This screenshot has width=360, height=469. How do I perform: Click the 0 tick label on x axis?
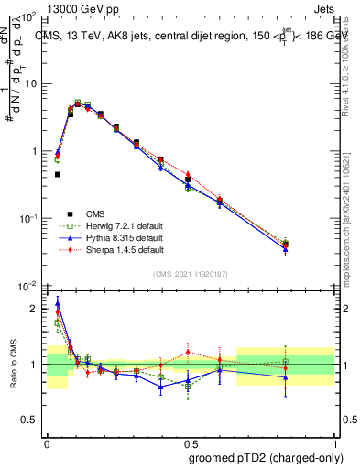(x=47, y=442)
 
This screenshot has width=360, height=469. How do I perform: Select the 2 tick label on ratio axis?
(x=37, y=309)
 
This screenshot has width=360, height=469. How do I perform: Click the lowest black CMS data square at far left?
(x=57, y=174)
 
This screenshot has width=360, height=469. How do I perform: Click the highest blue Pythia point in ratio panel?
(x=58, y=303)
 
